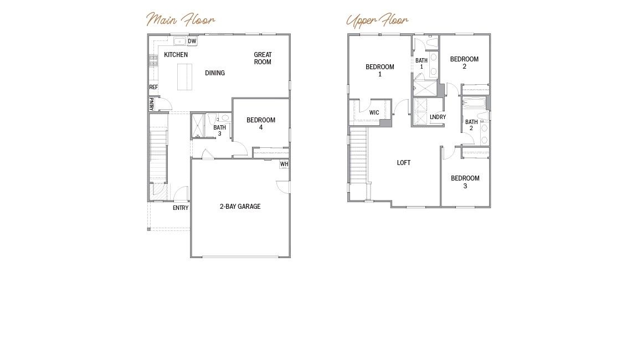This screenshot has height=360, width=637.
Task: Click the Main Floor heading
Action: pyautogui.click(x=181, y=19)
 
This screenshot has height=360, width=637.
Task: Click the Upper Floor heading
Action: pyautogui.click(x=377, y=20)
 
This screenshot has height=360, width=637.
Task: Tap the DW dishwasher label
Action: pyautogui.click(x=192, y=41)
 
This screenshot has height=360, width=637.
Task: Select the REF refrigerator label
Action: pyautogui.click(x=153, y=87)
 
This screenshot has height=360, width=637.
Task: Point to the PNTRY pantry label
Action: pyautogui.click(x=151, y=105)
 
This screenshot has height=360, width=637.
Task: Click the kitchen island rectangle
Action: pyautogui.click(x=184, y=77)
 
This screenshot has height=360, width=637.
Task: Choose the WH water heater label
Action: pyautogui.click(x=284, y=164)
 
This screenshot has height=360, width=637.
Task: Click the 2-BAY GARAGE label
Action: pyautogui.click(x=240, y=207)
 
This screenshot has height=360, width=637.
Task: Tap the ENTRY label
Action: pyautogui.click(x=181, y=208)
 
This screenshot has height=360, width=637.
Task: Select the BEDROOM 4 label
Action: pyautogui.click(x=261, y=124)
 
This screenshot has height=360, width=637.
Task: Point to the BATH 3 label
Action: pyautogui.click(x=220, y=130)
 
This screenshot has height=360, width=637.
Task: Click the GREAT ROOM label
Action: pyautogui.click(x=263, y=58)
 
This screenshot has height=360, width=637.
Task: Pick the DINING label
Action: pyautogui.click(x=215, y=73)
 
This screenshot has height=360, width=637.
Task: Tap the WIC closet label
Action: pyautogui.click(x=374, y=112)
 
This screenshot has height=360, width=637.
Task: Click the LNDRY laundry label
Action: pyautogui.click(x=438, y=117)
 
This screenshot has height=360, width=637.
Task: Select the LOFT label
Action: pyautogui.click(x=404, y=162)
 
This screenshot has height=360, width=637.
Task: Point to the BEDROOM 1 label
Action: pyautogui.click(x=380, y=70)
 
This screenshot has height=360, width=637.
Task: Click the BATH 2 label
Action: pyautogui.click(x=471, y=125)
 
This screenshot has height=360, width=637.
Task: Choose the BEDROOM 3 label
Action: pyautogui.click(x=465, y=182)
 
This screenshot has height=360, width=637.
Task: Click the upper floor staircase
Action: pyautogui.click(x=358, y=155)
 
